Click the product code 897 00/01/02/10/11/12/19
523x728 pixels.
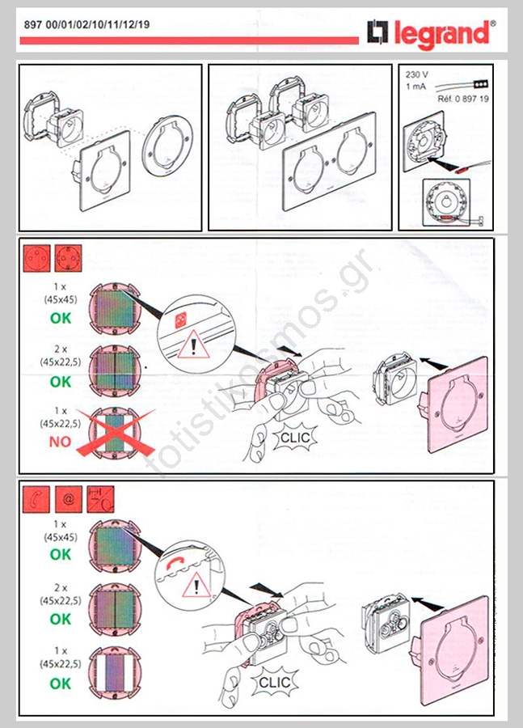tap(86, 24)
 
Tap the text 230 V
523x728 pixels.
tap(417, 74)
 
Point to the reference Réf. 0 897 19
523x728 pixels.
tap(462, 99)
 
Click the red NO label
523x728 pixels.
tap(61, 442)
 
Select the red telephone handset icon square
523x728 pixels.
tap(36, 499)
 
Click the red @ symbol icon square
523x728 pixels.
tap(69, 499)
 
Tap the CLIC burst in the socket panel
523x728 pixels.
tap(295, 438)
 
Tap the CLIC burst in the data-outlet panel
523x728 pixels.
tap(274, 682)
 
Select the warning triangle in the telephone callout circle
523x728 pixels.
tap(196, 585)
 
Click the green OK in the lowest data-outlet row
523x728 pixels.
tap(61, 684)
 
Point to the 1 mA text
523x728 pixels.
tap(415, 87)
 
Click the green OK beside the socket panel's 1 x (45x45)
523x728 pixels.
tap(61, 318)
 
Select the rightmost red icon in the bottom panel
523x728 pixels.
tap(101, 499)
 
